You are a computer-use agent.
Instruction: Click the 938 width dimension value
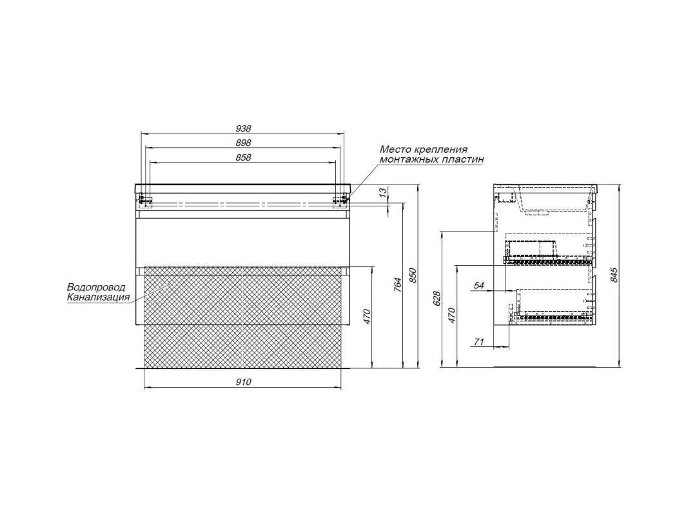(x=243, y=128)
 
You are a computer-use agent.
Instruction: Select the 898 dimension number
(x=243, y=143)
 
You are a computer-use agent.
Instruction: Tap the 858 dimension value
(x=243, y=157)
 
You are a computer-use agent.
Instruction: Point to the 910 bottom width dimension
(x=243, y=382)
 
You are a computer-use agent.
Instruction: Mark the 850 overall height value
(x=411, y=275)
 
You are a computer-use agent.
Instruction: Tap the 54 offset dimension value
(x=478, y=286)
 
